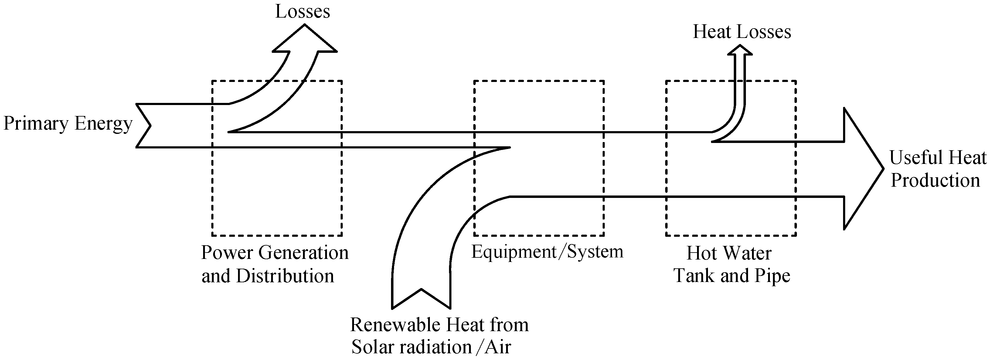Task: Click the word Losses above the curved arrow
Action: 302,12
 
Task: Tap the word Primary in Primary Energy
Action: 36,124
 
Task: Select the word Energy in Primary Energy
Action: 104,124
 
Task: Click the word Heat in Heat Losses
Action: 711,32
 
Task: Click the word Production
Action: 935,181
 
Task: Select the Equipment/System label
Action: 547,252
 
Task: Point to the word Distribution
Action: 285,276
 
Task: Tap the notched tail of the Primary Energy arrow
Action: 144,125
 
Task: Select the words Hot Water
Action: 729,253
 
